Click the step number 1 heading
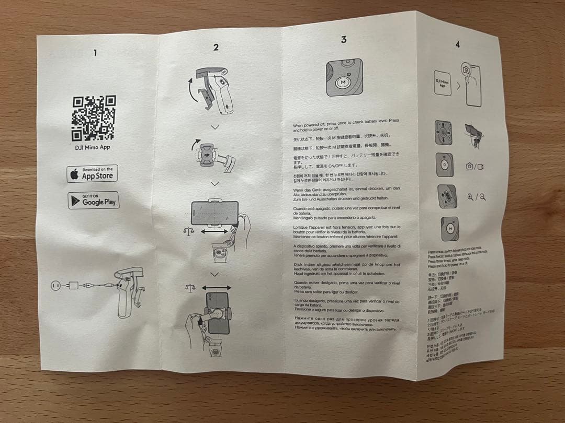[95, 52]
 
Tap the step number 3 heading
[343, 40]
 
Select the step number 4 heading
[458, 45]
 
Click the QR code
[94, 118]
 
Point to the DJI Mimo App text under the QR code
[93, 147]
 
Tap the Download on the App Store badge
[93, 173]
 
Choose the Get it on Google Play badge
[94, 199]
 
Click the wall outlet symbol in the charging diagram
[53, 285]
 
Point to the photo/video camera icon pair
[475, 166]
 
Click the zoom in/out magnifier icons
[477, 197]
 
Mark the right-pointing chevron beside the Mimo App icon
[458, 86]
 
